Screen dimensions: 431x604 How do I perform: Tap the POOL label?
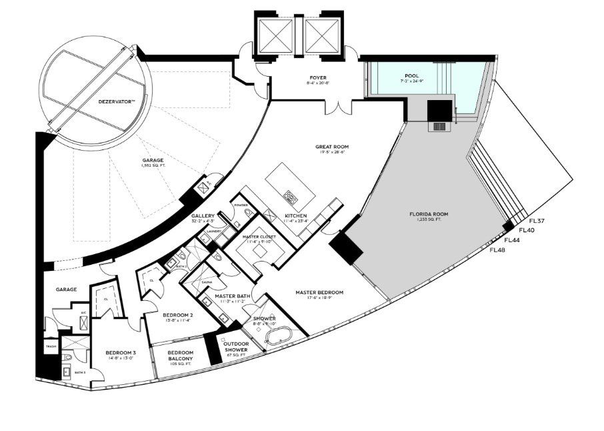pyautogui.click(x=412, y=76)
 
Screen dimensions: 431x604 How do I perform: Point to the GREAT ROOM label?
pyautogui.click(x=332, y=147)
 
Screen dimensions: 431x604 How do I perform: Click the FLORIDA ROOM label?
pyautogui.click(x=428, y=214)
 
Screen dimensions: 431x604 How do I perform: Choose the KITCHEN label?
pyautogui.click(x=295, y=216)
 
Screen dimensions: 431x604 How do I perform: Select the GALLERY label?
pyautogui.click(x=203, y=216)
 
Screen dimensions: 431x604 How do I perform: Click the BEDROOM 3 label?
pyautogui.click(x=120, y=353)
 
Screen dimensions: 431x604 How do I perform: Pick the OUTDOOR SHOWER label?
pyautogui.click(x=236, y=346)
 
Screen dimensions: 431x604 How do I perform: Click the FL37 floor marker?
pyautogui.click(x=537, y=221)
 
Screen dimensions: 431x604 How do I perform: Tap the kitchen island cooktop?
pyautogui.click(x=290, y=195)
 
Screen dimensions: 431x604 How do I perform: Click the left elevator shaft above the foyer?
pyautogui.click(x=275, y=32)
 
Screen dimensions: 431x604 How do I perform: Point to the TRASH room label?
pyautogui.click(x=51, y=347)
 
